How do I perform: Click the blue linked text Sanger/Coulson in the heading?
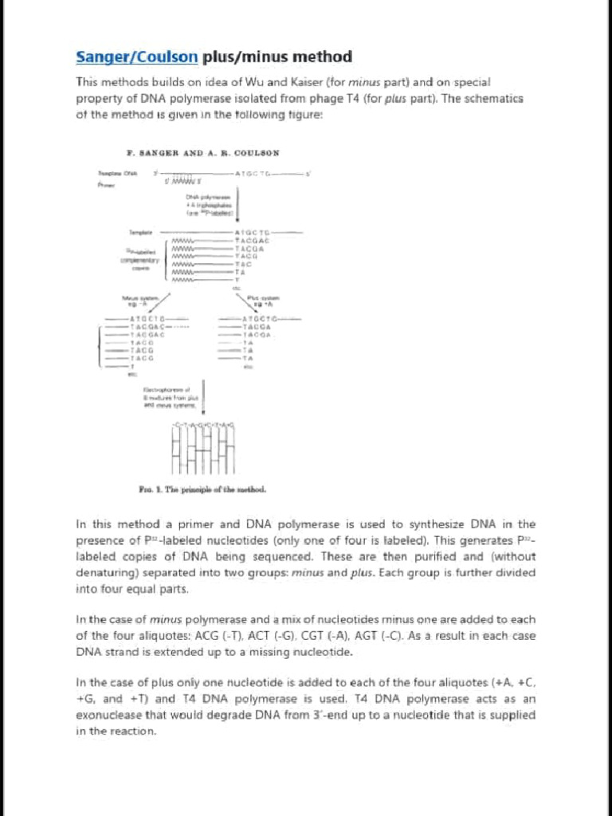click(136, 57)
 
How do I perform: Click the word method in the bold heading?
click(320, 57)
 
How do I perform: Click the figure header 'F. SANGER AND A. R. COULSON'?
click(202, 152)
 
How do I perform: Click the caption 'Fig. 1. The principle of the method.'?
click(203, 488)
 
